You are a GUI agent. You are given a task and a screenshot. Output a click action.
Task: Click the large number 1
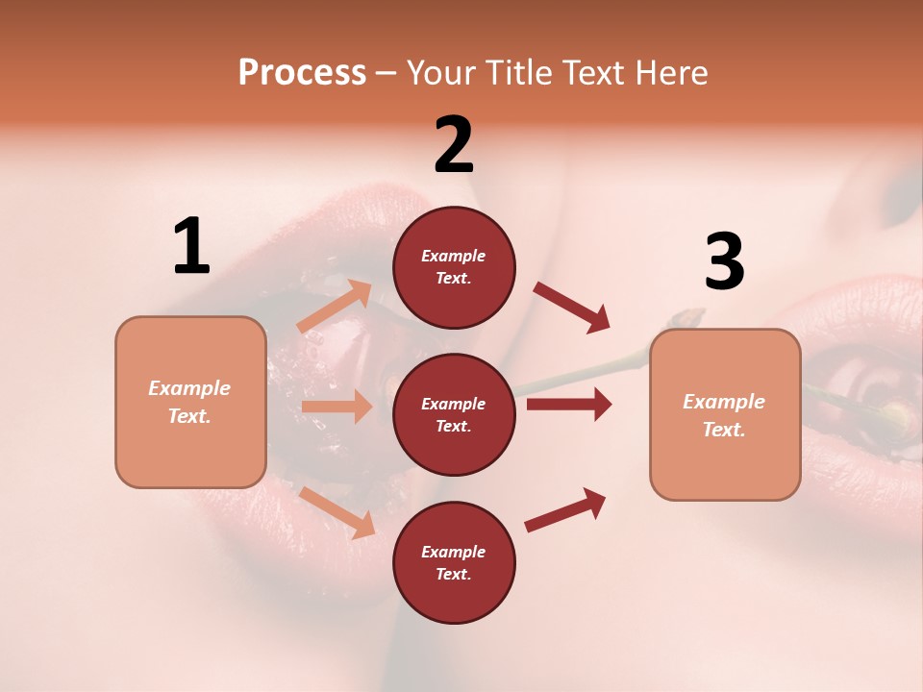point(191,247)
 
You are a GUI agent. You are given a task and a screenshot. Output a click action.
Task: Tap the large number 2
point(454,145)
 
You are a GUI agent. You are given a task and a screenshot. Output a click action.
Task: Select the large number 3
point(724,262)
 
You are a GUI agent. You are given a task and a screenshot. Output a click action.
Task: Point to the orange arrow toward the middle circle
point(337,407)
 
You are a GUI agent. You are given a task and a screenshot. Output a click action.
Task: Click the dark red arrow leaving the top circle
point(572,307)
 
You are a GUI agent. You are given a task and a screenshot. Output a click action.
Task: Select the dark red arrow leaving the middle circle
point(569,405)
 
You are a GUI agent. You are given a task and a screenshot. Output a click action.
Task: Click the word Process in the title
point(302,72)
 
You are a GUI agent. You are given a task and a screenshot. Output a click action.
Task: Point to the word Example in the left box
point(189,388)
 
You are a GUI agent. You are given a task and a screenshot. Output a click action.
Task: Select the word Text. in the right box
point(724,430)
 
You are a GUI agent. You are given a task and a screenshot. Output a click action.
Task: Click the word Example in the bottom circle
point(454,552)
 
